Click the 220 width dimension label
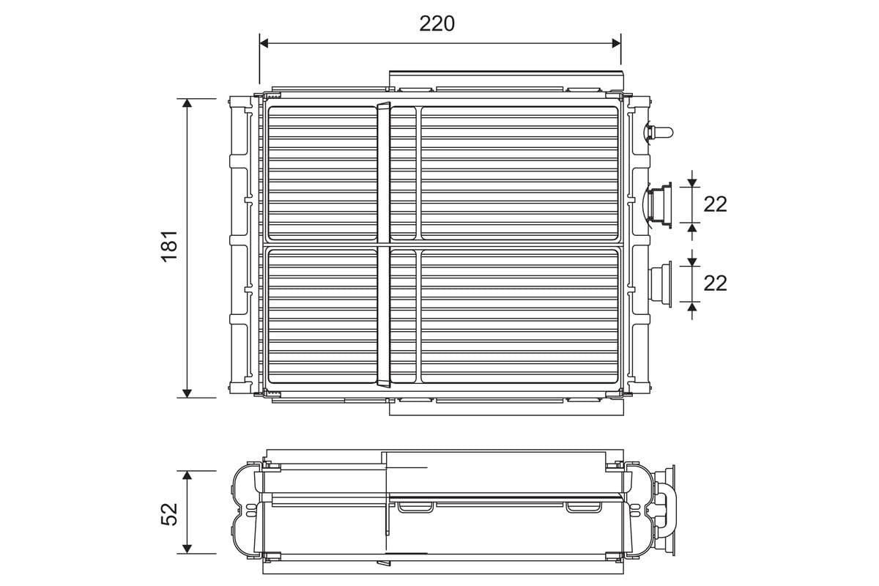(x=437, y=24)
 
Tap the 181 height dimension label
(x=170, y=246)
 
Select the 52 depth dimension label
(x=170, y=514)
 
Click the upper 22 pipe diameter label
(x=715, y=204)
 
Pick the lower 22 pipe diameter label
(x=715, y=283)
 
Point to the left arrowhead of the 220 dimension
(x=264, y=43)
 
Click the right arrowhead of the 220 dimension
(x=617, y=43)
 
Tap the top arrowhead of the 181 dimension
(x=188, y=103)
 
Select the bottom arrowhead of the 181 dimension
(x=188, y=393)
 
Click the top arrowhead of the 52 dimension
(x=188, y=475)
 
